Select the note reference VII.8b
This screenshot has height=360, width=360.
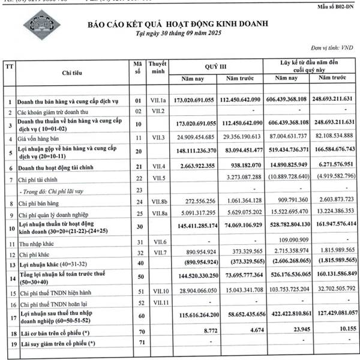tap(157, 203)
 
